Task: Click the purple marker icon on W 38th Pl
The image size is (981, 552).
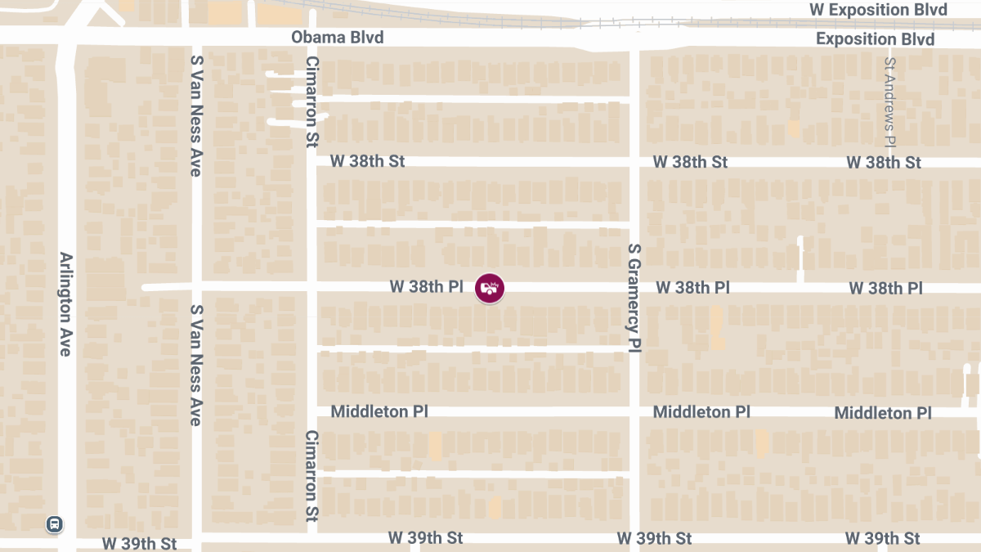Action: tap(490, 288)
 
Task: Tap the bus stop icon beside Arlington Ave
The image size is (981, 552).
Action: tap(55, 524)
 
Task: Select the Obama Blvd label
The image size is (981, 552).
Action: tap(337, 38)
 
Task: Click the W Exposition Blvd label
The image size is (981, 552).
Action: tap(878, 10)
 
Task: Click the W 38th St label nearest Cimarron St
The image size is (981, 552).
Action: tap(367, 161)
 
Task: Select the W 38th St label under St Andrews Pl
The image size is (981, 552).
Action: tap(884, 163)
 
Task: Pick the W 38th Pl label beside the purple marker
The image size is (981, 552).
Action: tap(427, 287)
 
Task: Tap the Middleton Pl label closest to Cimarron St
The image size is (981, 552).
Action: tap(379, 411)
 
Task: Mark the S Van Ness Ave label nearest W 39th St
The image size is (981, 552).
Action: tap(196, 366)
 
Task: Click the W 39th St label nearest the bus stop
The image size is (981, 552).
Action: tap(140, 544)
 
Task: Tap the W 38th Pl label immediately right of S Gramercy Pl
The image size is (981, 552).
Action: tap(692, 288)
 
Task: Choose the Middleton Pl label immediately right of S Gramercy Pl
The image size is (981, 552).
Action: tap(701, 412)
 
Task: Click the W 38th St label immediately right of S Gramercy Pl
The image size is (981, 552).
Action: tap(690, 162)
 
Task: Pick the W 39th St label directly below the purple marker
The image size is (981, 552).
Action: tap(425, 538)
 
